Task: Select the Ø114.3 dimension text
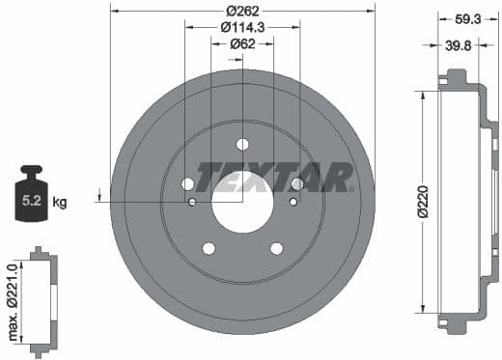(x=242, y=26)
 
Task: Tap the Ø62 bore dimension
(x=242, y=42)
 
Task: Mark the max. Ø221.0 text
(x=13, y=295)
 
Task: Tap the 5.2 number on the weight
(x=32, y=203)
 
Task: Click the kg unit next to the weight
(x=59, y=203)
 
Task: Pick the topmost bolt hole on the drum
(x=242, y=145)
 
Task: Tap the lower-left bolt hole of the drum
(x=209, y=248)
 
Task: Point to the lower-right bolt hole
(x=276, y=248)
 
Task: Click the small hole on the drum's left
(x=192, y=202)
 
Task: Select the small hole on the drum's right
(x=293, y=202)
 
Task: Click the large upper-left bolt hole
(x=187, y=183)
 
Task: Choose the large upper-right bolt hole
(x=297, y=183)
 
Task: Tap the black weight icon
(x=32, y=197)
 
